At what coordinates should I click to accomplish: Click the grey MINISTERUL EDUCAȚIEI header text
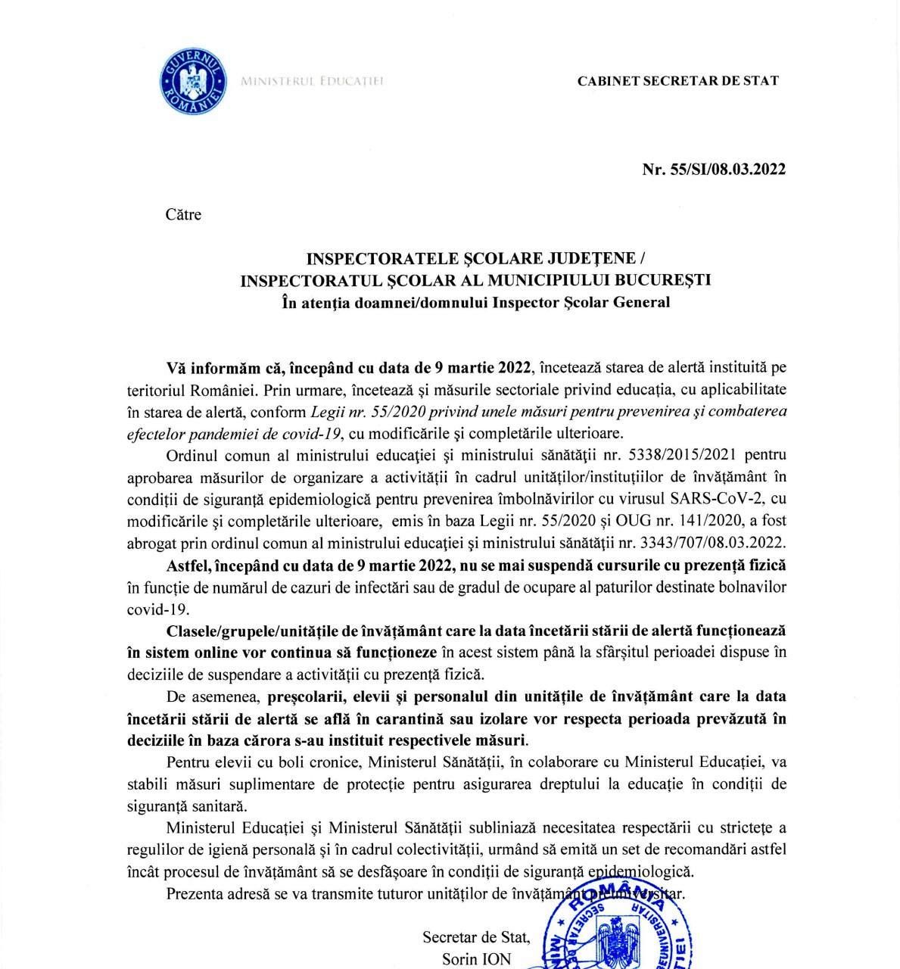tap(312, 81)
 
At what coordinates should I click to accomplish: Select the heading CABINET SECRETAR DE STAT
tap(677, 81)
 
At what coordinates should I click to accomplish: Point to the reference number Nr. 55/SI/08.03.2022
tap(714, 169)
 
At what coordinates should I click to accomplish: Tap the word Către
tap(183, 215)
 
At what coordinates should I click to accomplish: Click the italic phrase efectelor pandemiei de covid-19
tap(234, 433)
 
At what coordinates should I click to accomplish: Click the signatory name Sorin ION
tap(476, 959)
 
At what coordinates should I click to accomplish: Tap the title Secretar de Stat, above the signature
tap(476, 938)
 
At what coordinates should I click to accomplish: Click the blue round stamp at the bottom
tap(621, 927)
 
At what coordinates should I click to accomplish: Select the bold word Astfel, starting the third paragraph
tap(189, 566)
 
